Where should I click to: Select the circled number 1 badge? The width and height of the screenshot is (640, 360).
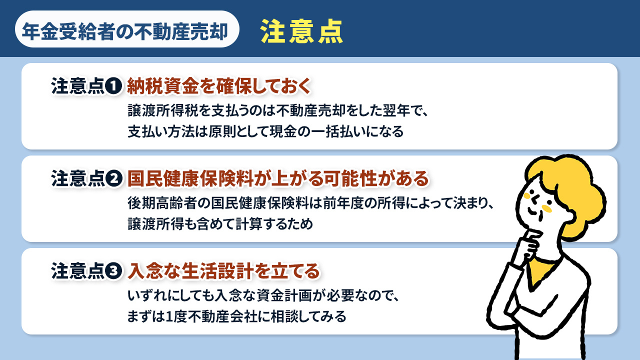coord(114,86)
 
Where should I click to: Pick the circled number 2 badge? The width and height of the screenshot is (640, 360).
coord(114,178)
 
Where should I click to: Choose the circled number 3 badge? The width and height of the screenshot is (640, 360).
coord(114,271)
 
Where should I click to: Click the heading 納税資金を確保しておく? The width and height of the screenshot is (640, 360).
coord(219,86)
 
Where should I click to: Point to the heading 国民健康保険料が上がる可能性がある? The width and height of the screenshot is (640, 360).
coord(278,178)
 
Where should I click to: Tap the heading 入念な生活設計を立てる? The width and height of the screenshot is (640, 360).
coord(223,271)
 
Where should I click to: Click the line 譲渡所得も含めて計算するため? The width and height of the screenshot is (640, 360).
coord(220,223)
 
